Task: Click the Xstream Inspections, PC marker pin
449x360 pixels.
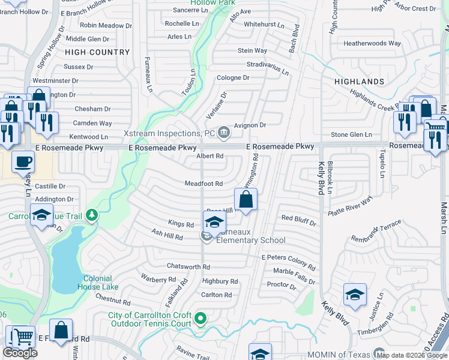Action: [x=224, y=132]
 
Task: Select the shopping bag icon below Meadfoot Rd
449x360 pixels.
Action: [x=246, y=199]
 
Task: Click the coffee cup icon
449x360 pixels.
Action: [x=23, y=161]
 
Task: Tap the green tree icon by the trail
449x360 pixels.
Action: [x=91, y=214]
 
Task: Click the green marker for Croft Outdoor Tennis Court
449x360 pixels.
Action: [x=201, y=319]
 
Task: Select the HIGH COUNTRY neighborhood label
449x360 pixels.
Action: [x=97, y=52]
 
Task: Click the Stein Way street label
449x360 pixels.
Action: [x=253, y=51]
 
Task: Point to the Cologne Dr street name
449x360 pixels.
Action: [x=233, y=78]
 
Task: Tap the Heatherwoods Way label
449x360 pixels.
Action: [x=372, y=43]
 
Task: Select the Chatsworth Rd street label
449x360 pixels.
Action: [x=188, y=266]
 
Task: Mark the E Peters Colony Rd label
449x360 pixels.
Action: [x=288, y=260]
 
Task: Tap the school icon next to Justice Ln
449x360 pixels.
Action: [x=355, y=295]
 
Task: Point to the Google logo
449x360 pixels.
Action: [x=20, y=353]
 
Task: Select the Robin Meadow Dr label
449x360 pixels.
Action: [x=106, y=25]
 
